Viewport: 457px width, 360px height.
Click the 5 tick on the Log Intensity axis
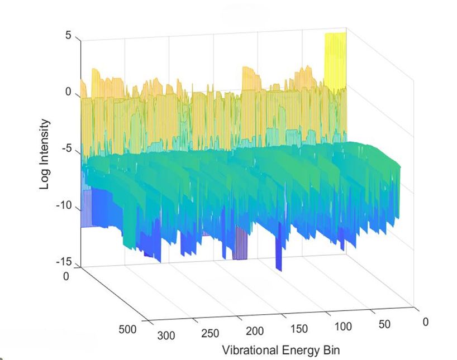pyautogui.click(x=68, y=36)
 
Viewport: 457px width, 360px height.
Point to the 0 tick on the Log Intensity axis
pyautogui.click(x=68, y=92)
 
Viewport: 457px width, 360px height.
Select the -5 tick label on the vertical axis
pyautogui.click(x=66, y=149)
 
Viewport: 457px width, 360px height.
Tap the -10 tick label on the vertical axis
pyautogui.click(x=64, y=205)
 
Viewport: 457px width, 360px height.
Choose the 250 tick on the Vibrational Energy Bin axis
pyautogui.click(x=210, y=333)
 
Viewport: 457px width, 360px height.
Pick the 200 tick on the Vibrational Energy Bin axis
pyautogui.click(x=254, y=331)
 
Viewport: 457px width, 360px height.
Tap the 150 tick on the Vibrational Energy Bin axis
pyautogui.click(x=299, y=329)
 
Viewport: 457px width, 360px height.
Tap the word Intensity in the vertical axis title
pyautogui.click(x=45, y=146)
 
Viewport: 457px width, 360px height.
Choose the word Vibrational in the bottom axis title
pyautogui.click(x=249, y=351)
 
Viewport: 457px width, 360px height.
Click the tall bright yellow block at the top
pyautogui.click(x=335, y=61)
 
